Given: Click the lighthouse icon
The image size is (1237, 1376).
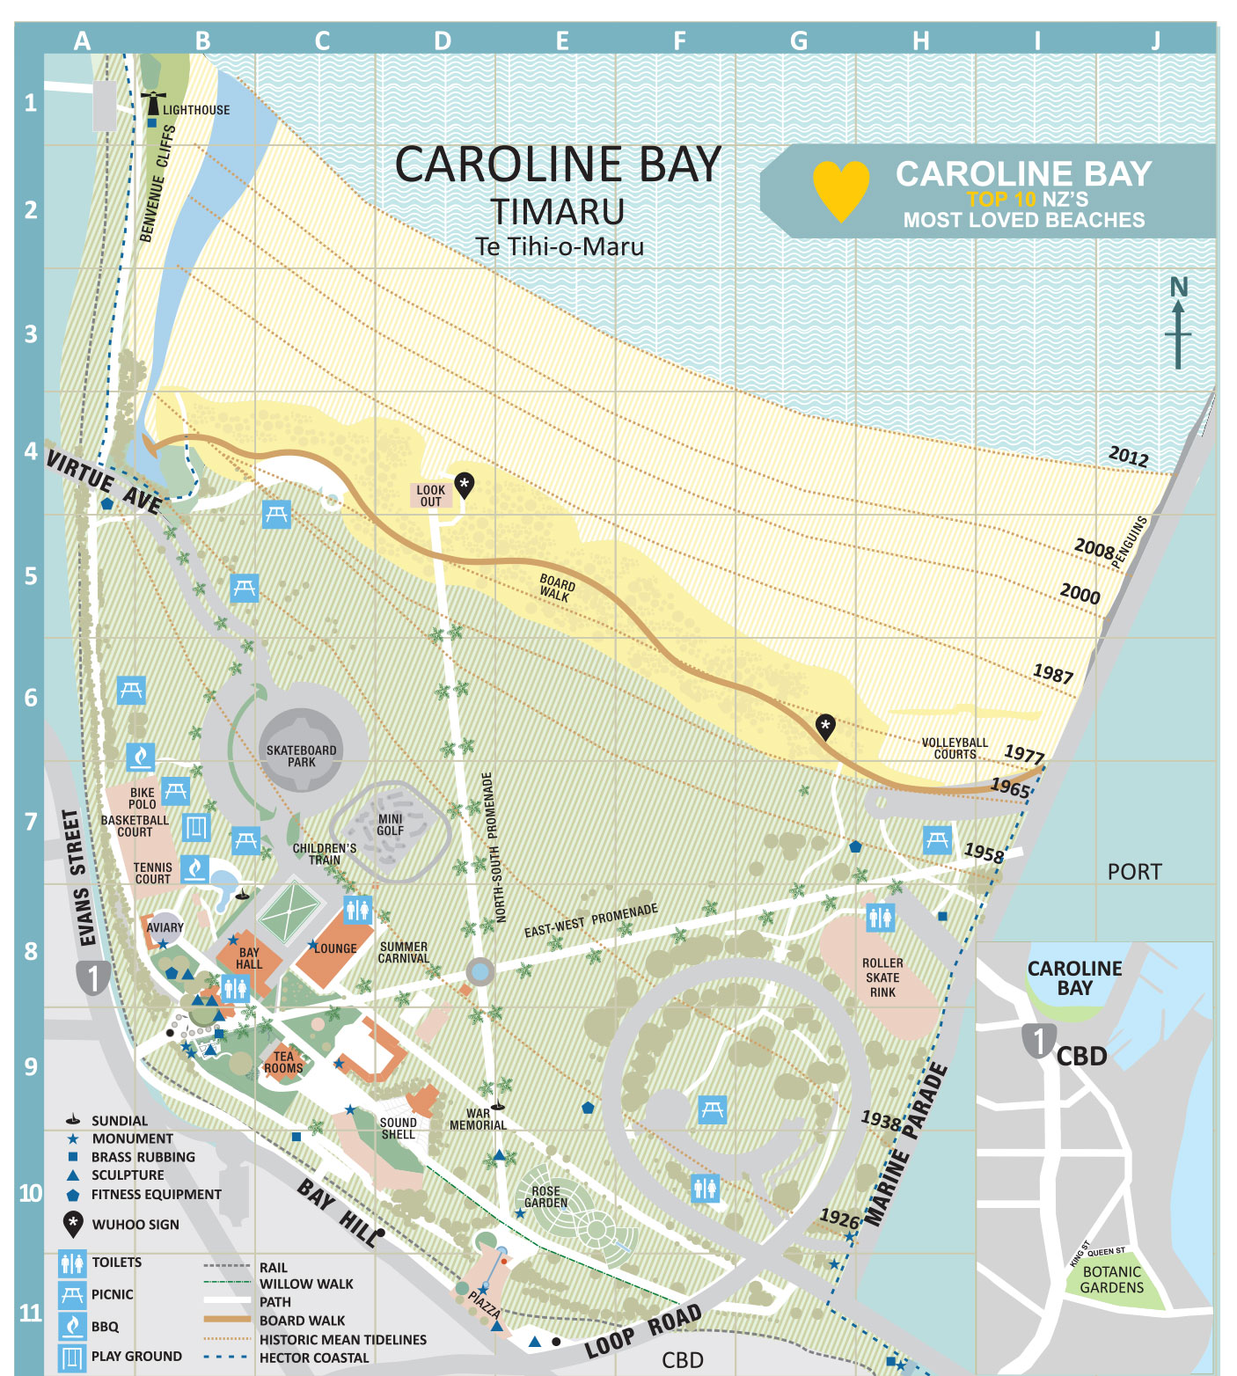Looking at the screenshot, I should pos(153,102).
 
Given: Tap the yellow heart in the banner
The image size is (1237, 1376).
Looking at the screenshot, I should pos(841,188).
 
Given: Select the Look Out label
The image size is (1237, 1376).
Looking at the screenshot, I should pos(431,496).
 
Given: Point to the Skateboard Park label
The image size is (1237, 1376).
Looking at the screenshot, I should pos(301,756).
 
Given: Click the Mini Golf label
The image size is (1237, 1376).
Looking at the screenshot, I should pos(390,824).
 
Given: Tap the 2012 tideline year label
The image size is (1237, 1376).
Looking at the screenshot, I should pos(1129,456).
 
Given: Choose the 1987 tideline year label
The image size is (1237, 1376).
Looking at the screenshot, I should pos(1053,674).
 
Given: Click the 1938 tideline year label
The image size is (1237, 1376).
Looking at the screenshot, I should pos(881,1120).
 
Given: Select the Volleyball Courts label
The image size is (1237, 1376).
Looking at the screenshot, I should pos(955,749).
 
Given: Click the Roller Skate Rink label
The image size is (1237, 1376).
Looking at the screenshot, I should pos(882,977).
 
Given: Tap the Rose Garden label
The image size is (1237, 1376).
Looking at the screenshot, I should pos(545,1197).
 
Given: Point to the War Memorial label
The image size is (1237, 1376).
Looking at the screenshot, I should pos(478,1119).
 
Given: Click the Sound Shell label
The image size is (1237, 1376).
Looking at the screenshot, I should pos(398,1129).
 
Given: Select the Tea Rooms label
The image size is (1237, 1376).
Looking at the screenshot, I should pos(283,1062).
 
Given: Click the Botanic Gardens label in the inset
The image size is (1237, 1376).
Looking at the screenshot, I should pos(1112,1279).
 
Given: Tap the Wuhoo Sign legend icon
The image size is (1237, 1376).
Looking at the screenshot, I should pos(73,1224).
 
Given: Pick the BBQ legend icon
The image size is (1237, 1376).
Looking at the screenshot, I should pos(72,1325).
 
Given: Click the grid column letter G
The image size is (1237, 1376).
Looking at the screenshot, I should pos(799,40).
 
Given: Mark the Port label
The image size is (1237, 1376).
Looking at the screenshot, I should pos(1134,871).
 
